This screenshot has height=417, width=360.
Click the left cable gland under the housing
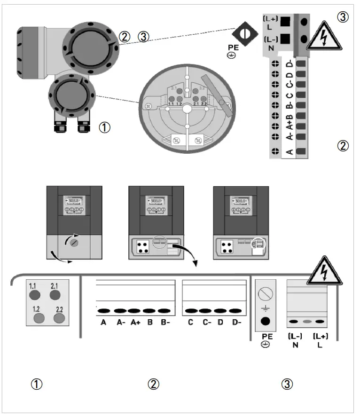tap(60, 126)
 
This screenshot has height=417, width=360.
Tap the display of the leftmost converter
tap(74, 205)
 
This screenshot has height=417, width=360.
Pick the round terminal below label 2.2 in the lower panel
tap(59, 318)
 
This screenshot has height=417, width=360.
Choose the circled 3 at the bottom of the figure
tap(288, 384)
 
